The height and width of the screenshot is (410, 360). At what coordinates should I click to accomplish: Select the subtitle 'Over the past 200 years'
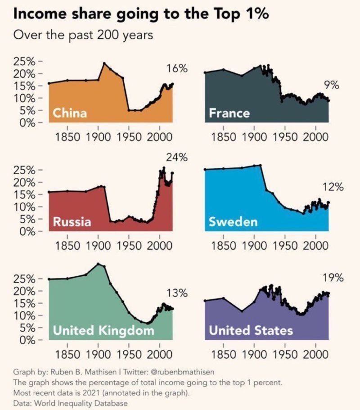(x=83, y=35)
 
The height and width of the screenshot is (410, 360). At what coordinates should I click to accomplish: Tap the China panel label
(x=70, y=113)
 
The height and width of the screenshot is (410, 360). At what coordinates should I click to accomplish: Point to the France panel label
(x=229, y=113)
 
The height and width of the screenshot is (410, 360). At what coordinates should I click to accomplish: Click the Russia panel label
(x=72, y=221)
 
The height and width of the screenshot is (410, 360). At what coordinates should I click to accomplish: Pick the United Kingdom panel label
(x=103, y=331)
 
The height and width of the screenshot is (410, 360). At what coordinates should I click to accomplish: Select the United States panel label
(x=251, y=331)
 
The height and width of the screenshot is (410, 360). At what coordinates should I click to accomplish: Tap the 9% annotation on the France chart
(x=331, y=85)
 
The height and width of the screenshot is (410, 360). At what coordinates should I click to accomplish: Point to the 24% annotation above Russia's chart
(x=177, y=158)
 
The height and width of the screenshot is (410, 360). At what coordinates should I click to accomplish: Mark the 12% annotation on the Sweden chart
(x=333, y=187)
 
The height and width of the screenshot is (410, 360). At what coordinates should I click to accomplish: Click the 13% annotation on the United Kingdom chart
(x=177, y=293)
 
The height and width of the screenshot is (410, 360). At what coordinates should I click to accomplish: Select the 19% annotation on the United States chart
(x=333, y=278)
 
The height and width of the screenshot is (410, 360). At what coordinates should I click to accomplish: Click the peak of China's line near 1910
(x=104, y=63)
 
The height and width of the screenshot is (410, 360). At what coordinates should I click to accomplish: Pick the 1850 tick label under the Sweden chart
(x=223, y=246)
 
